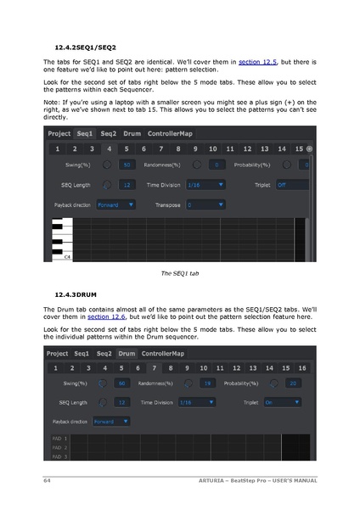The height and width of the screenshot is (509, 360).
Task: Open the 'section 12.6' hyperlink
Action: click(x=106, y=316)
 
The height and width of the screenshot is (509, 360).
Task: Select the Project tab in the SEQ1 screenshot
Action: click(x=59, y=133)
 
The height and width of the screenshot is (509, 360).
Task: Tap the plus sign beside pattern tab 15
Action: click(x=310, y=148)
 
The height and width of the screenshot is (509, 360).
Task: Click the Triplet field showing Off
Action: click(x=291, y=184)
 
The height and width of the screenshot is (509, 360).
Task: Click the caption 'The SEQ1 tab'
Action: click(x=179, y=273)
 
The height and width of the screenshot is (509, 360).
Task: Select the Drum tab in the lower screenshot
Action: click(x=127, y=353)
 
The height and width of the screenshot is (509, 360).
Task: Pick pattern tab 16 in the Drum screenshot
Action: click(x=301, y=367)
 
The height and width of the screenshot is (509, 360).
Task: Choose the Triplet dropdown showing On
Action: click(x=279, y=403)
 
